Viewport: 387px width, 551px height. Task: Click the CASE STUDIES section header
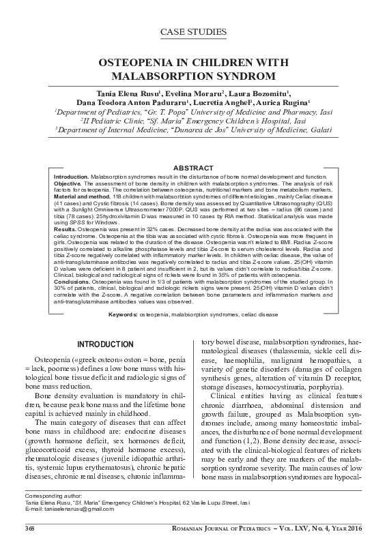[x=193, y=31]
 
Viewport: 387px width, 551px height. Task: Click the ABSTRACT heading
[x=193, y=168]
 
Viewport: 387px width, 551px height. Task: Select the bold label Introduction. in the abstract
[x=71, y=177]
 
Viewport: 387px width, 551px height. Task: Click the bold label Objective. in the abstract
[x=67, y=183]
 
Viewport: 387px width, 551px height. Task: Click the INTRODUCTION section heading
[x=104, y=343]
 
